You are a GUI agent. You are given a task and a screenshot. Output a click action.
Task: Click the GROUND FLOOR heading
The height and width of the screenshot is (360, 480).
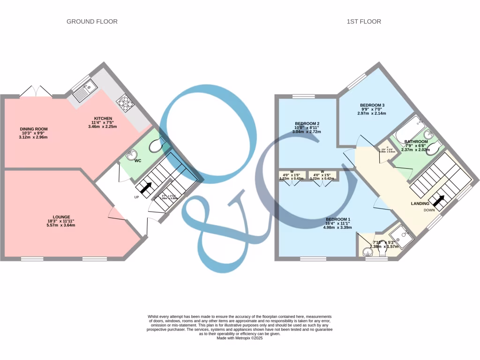point(92,22)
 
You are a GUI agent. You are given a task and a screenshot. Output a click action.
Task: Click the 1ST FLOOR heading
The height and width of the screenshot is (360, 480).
point(364,22)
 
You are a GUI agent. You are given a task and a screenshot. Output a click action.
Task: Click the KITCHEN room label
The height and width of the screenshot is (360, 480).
point(103,119)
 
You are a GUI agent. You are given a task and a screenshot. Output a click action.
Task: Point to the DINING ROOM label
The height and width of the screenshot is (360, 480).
point(33,129)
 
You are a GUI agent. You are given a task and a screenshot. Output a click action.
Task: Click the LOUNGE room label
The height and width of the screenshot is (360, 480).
point(61,217)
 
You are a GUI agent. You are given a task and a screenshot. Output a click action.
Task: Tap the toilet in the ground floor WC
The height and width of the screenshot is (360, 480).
point(155,147)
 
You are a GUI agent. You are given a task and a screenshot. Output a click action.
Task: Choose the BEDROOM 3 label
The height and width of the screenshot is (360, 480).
point(373,105)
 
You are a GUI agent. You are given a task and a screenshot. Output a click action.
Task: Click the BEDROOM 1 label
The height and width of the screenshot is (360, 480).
point(337,219)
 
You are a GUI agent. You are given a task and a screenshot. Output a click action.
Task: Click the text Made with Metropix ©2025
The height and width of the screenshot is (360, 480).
point(240,338)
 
